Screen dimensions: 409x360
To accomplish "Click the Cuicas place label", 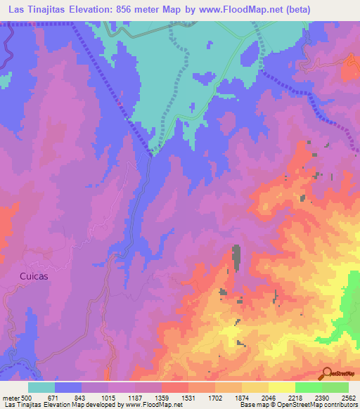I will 34,276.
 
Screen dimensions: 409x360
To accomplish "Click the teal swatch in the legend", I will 41,387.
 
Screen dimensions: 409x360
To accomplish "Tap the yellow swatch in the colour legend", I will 281,387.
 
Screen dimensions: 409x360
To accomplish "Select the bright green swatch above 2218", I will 308,387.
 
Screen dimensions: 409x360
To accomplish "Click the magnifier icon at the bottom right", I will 328,372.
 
